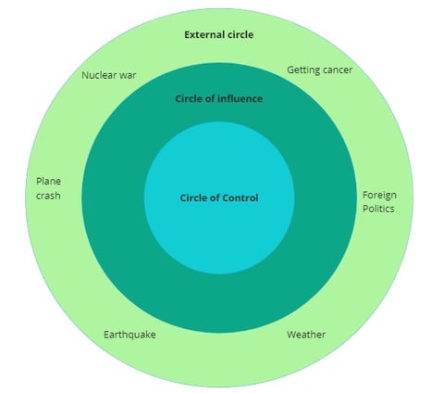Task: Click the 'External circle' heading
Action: click(x=219, y=34)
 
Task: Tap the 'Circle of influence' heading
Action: click(x=219, y=99)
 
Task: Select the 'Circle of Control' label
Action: click(x=219, y=197)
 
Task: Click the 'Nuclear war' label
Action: click(x=109, y=75)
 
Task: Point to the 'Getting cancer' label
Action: click(x=320, y=70)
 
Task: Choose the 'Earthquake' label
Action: click(x=129, y=335)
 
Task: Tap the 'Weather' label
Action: click(x=306, y=335)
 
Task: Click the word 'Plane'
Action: click(x=48, y=181)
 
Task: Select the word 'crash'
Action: click(x=48, y=196)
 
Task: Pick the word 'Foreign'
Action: click(x=379, y=196)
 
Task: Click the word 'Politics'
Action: click(x=378, y=209)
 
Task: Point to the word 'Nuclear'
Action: click(x=99, y=75)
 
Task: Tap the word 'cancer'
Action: click(x=338, y=70)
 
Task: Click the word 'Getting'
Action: click(x=303, y=70)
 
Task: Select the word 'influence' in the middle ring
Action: click(x=240, y=99)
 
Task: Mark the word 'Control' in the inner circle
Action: click(x=240, y=197)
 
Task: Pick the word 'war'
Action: click(x=128, y=76)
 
